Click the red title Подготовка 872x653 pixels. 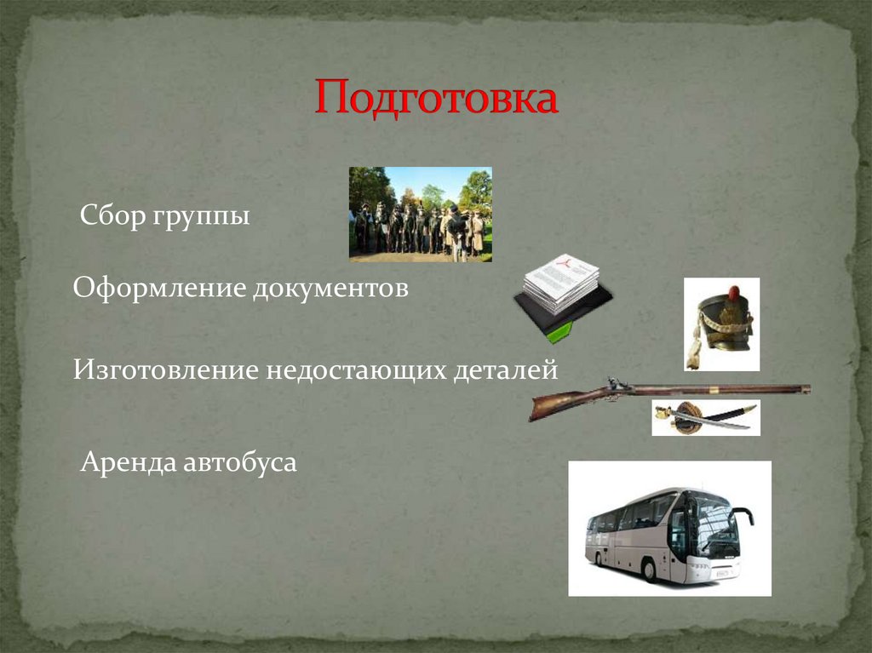[436, 99]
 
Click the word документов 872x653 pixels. [330, 289]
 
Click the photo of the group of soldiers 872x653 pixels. [420, 214]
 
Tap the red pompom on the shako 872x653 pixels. [733, 293]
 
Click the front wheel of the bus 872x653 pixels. [649, 570]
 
